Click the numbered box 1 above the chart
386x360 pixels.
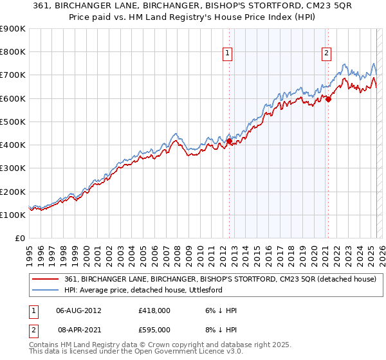point(228,53)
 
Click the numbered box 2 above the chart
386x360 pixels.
point(327,53)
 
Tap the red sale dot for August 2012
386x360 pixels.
point(229,141)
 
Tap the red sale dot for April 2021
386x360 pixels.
point(328,99)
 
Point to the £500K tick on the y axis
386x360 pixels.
point(13,122)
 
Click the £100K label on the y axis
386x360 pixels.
point(13,215)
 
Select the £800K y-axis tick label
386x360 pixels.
point(13,51)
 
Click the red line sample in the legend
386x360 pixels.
point(46,279)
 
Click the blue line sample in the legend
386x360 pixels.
point(46,290)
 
